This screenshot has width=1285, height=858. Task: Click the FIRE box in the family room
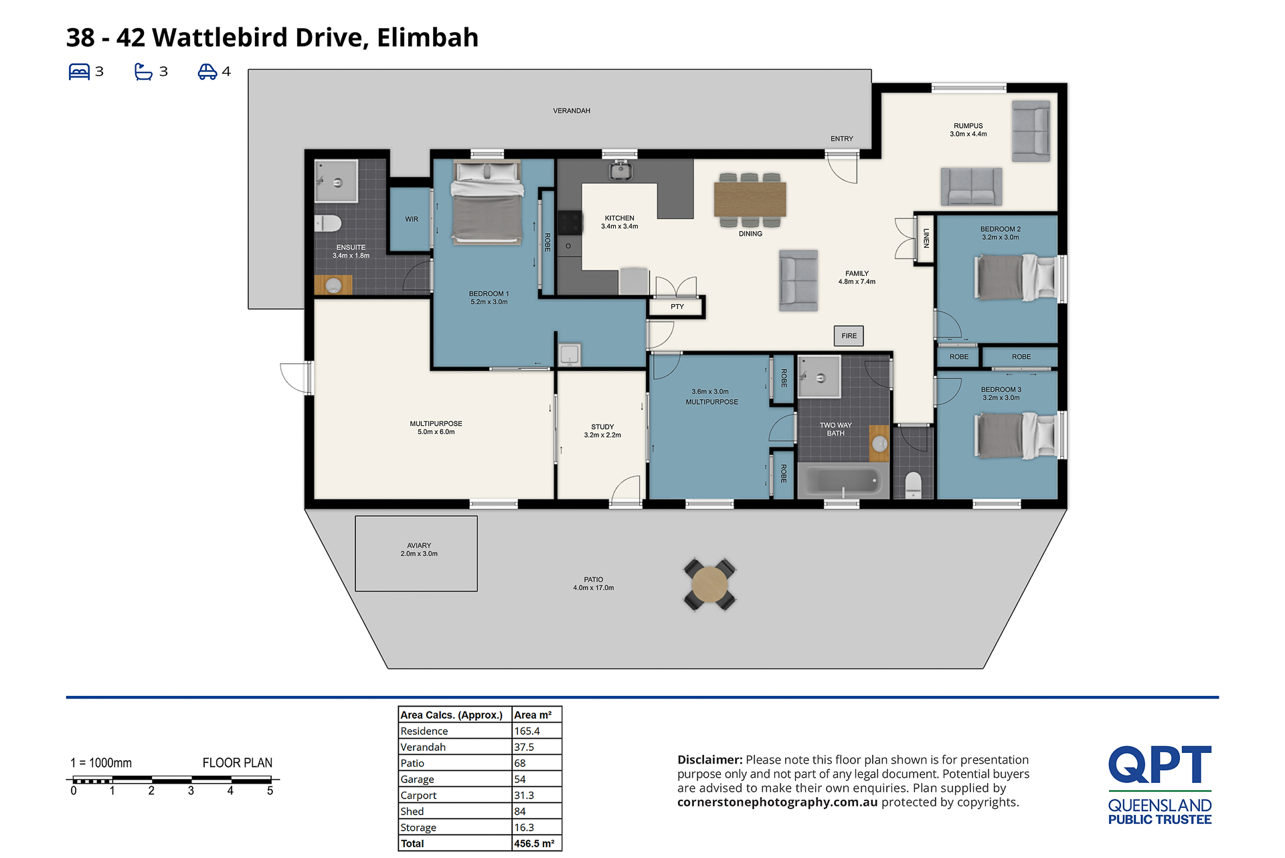[849, 336]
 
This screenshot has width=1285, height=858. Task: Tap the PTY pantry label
[677, 307]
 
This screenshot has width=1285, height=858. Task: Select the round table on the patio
[709, 584]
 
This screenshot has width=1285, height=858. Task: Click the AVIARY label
[419, 545]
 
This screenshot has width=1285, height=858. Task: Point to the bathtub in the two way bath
[843, 480]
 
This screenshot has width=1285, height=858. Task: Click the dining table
[750, 199]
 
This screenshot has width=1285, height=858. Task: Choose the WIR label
[412, 219]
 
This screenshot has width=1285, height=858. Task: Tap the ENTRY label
[842, 139]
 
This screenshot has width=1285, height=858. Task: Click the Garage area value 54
[520, 779]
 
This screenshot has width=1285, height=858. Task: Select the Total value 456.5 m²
[534, 843]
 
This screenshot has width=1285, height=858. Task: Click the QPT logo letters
[1160, 764]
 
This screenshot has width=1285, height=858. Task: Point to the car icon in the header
[207, 72]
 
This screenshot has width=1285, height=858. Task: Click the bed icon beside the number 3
[79, 72]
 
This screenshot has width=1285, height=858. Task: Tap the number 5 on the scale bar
[270, 791]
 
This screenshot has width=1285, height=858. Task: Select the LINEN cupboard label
[926, 238]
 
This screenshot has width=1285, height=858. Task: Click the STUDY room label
[602, 427]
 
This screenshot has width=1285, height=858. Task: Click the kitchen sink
[620, 170]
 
